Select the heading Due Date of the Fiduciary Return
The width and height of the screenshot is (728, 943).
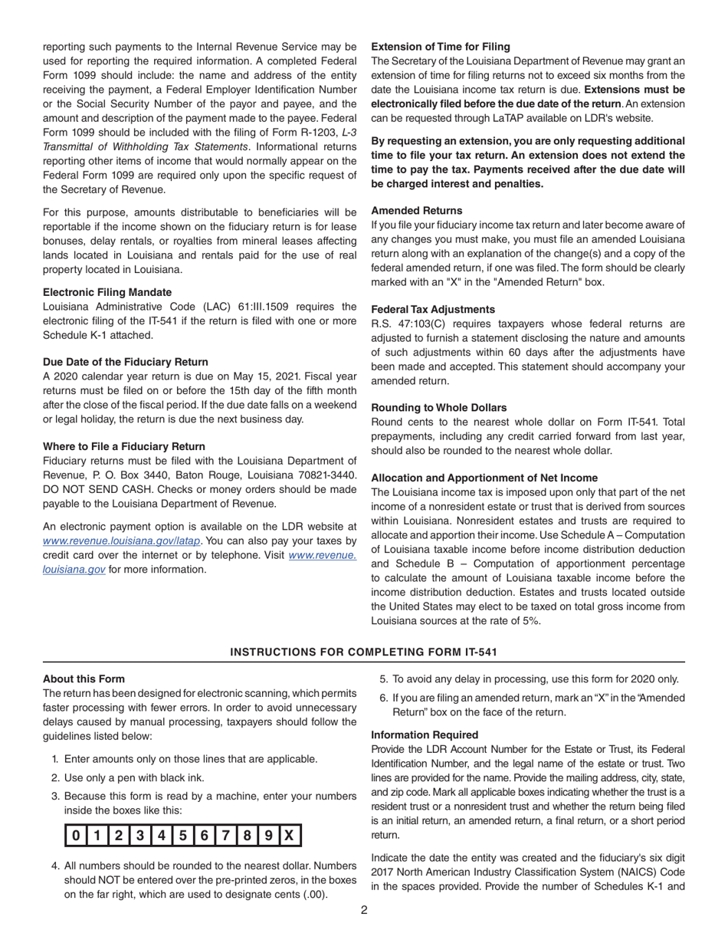tap(125, 362)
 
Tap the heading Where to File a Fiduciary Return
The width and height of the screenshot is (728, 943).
tap(124, 446)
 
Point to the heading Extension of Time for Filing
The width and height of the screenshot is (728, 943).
tap(441, 46)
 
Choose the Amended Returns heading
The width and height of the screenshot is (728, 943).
tap(417, 210)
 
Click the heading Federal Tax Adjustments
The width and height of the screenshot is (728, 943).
tap(433, 309)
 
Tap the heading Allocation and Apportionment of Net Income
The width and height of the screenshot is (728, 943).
tap(484, 477)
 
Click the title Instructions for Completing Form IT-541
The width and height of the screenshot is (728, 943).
tap(363, 652)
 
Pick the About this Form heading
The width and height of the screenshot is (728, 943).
tap(84, 678)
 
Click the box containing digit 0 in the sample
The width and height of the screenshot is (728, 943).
tap(76, 836)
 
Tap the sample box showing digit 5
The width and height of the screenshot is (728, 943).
tap(182, 836)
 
